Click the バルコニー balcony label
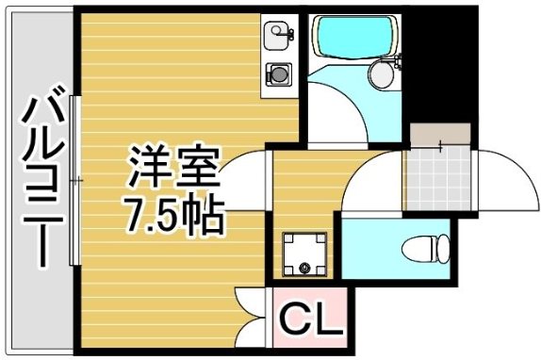tap(42, 179)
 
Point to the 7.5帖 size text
tap(175, 216)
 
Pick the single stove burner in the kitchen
tap(279, 72)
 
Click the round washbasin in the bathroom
tap(384, 73)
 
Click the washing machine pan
tap(303, 252)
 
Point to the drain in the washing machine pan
tap(304, 270)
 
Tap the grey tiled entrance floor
tap(437, 178)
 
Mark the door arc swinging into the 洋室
tap(244, 179)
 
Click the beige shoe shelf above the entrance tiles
tap(439, 136)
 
